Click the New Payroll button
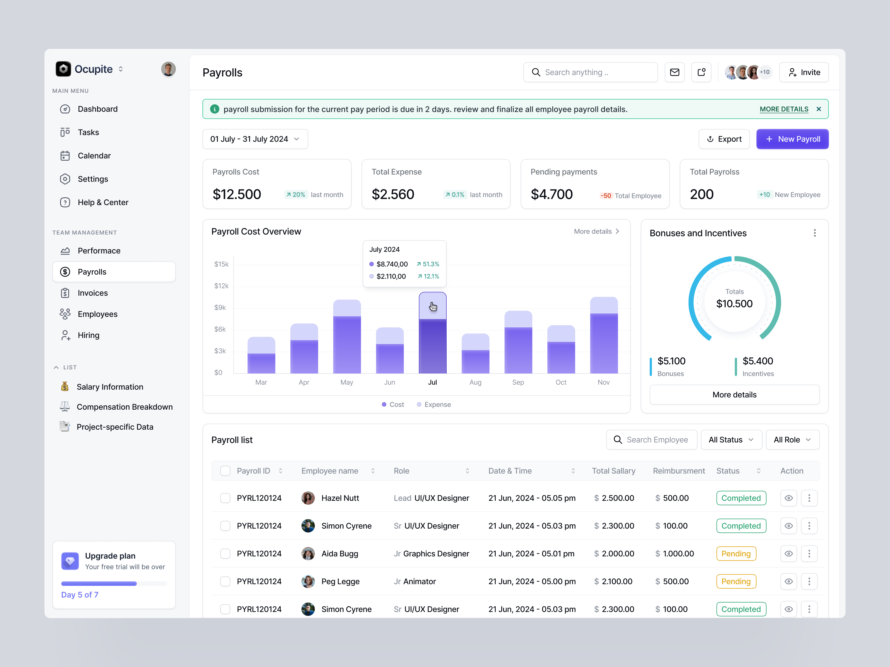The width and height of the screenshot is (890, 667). coord(792,139)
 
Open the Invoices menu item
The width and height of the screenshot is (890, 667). coord(93,293)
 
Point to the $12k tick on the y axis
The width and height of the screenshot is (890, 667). coord(221,286)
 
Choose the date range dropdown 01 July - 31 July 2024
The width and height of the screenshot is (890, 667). coord(255,139)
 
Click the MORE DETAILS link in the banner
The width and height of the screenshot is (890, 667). coord(783,109)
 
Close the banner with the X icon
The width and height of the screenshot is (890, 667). coord(818,109)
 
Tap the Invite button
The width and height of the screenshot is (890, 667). coord(804,72)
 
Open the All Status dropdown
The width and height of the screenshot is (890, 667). coord(731,440)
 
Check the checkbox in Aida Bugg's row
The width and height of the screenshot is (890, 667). coord(225,554)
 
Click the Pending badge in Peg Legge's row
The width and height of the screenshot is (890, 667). coord(735,581)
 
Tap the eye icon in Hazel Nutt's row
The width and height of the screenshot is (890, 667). coord(788,498)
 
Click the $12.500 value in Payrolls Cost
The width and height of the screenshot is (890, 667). coord(237,195)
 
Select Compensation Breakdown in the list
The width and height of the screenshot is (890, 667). coord(124,407)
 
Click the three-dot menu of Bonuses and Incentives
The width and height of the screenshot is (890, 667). coord(814,233)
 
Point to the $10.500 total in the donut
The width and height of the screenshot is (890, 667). coord(734,304)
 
